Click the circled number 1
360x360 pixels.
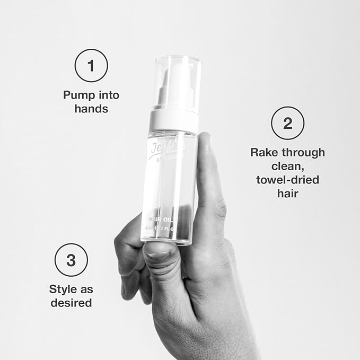point(91,66)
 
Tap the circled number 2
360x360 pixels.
point(287,124)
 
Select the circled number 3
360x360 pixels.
point(71,260)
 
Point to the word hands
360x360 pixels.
point(91,109)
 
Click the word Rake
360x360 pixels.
point(264,153)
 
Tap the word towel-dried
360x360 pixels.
point(287,180)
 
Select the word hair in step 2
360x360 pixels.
point(287,194)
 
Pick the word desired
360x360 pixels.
point(71,303)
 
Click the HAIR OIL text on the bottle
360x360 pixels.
point(166,217)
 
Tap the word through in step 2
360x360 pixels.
point(303,153)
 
